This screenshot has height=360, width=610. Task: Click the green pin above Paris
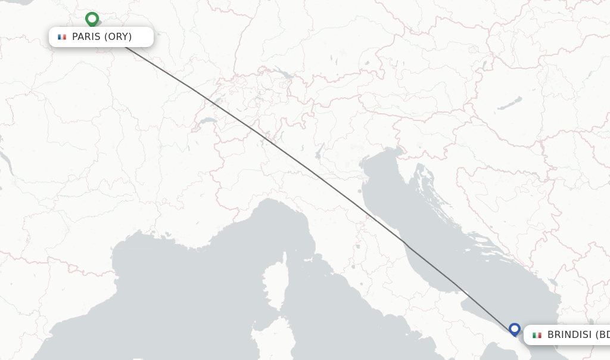click(x=92, y=19)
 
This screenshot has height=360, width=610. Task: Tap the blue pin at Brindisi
click(x=515, y=329)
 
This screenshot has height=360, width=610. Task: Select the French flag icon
click(x=62, y=37)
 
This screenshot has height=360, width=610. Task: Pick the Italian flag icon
click(x=537, y=335)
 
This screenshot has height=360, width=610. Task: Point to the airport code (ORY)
click(x=118, y=37)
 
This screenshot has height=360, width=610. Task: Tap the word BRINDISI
click(x=569, y=335)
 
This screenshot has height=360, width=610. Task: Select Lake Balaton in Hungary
click(x=510, y=104)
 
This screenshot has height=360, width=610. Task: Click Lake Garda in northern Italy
click(x=319, y=151)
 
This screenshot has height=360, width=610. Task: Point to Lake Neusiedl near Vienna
click(x=484, y=64)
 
